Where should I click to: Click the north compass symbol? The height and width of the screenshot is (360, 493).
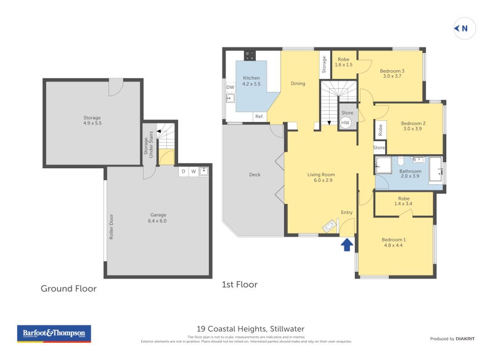[x=461, y=28]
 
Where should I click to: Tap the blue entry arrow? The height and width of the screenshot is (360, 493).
[x=347, y=245]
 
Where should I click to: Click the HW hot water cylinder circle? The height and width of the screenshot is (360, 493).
[x=346, y=123]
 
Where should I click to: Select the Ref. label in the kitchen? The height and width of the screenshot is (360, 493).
[x=259, y=117]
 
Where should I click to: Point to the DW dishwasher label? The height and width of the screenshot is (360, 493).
[x=230, y=88]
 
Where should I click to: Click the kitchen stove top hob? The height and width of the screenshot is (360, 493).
[x=250, y=55]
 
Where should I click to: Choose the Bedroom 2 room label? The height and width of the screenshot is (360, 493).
[x=413, y=126]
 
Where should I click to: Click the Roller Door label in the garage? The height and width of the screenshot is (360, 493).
[x=112, y=227]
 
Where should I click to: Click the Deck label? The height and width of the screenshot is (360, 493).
[x=255, y=174]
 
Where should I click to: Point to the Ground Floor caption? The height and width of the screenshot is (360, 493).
[x=68, y=288]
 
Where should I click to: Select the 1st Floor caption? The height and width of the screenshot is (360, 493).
[x=239, y=285]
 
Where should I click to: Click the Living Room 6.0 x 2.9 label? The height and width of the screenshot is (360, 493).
[x=320, y=178]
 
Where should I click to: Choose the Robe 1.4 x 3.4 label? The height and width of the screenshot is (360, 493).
[x=404, y=201]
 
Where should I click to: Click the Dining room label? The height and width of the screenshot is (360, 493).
[x=298, y=83]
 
